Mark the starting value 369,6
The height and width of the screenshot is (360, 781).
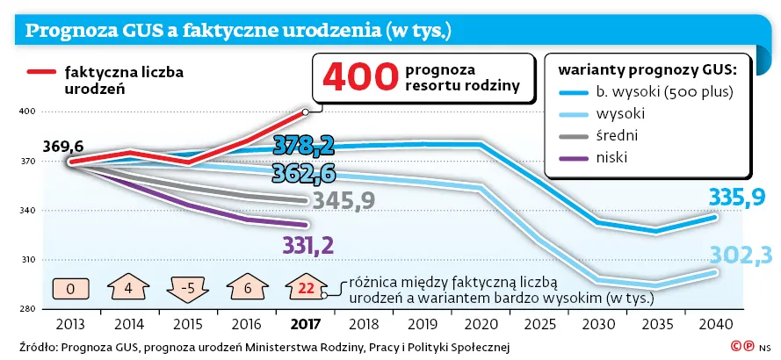(x=63, y=146)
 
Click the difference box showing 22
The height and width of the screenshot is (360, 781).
(x=306, y=287)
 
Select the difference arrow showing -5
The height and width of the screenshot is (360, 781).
(x=186, y=287)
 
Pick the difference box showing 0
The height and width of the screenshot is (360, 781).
(x=69, y=287)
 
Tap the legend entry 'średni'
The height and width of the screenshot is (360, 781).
(x=616, y=136)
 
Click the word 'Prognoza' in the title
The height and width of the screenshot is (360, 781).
(x=66, y=32)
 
